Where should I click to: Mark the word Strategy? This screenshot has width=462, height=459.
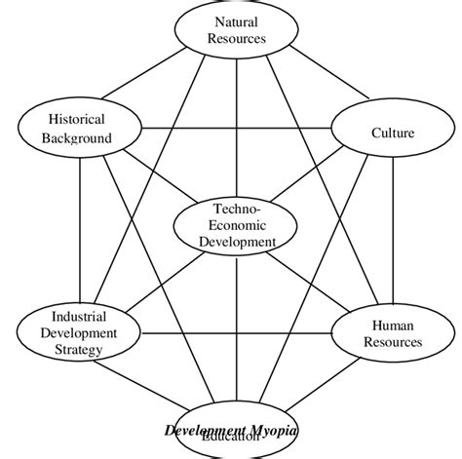[77, 350]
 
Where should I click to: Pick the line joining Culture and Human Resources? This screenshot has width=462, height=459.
[393, 234]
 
